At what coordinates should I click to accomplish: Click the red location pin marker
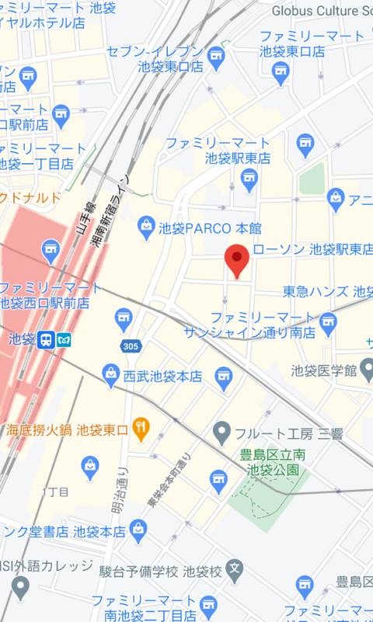(236, 259)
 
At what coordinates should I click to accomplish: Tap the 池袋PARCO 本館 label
(210, 228)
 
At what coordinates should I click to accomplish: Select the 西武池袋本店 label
(162, 377)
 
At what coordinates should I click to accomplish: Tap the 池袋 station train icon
(46, 339)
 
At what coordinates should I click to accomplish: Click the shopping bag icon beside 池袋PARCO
(145, 228)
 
